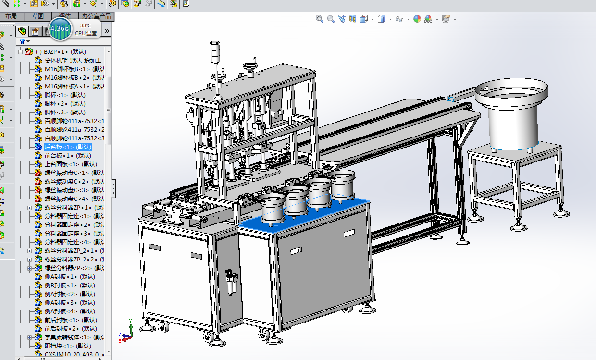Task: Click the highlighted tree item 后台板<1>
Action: point(67,147)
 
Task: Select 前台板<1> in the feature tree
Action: point(67,155)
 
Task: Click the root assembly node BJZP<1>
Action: point(64,51)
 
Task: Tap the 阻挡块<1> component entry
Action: point(67,346)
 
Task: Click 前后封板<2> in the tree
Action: point(70,328)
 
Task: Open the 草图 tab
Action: point(37,16)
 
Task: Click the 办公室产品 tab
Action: point(96,16)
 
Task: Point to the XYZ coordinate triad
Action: point(126,331)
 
